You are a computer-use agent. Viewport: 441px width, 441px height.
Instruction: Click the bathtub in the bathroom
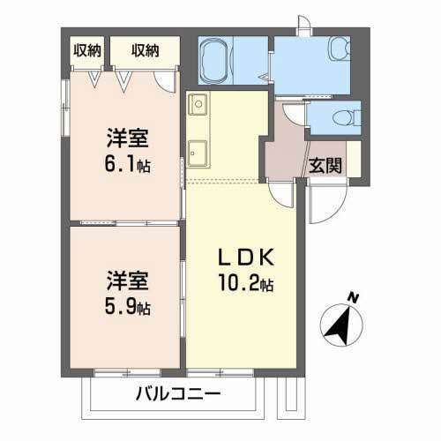[x=215, y=63]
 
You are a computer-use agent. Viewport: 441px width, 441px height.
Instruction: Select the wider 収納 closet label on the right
[x=146, y=50]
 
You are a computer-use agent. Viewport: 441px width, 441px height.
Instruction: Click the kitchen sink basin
[x=198, y=105]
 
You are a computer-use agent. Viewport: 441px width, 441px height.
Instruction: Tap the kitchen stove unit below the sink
[x=198, y=151]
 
